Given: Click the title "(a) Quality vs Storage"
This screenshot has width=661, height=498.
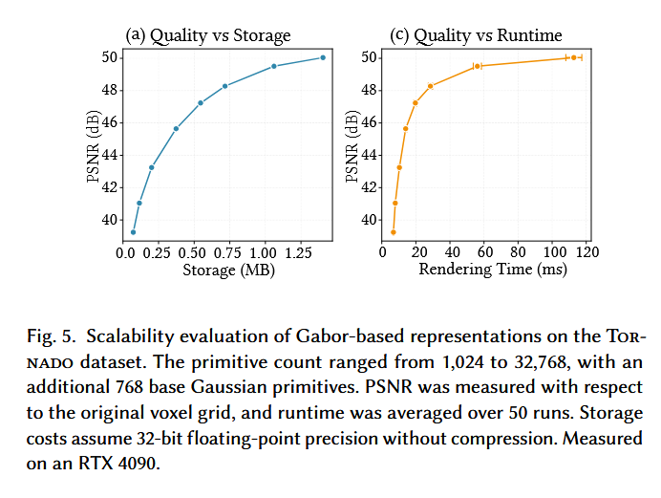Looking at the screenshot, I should point(208,36).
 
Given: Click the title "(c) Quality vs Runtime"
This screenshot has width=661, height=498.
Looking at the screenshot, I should point(477,36).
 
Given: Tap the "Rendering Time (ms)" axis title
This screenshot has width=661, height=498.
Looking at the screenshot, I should point(493,271).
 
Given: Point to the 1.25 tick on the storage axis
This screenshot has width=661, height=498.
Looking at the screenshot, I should point(298,252).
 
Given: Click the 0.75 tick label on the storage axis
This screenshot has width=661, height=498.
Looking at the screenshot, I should point(228,252).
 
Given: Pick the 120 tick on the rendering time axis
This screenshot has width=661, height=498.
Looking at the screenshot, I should point(586,252).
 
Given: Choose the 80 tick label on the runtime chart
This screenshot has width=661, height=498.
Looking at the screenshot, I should point(518,252).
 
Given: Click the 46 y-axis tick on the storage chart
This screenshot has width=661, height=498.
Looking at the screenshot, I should point(112,122).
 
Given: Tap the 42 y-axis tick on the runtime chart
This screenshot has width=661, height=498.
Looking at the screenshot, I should point(368,187).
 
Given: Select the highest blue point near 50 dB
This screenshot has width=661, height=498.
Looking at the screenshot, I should point(323,57).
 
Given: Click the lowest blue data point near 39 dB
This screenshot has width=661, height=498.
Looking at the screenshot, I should point(133,232).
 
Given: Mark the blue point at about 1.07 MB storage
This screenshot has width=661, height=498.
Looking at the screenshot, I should point(274,66).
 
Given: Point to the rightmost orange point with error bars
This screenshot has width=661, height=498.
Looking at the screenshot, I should point(573,57).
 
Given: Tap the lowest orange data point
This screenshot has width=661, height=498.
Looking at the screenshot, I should point(394,232).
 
